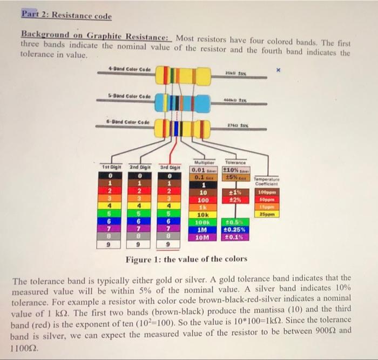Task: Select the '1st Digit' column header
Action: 111,168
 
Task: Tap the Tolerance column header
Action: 236,161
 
